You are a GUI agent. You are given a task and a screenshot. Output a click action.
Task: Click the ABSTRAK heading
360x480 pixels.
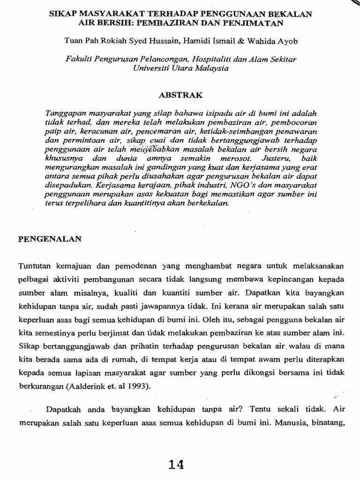(x=180, y=95)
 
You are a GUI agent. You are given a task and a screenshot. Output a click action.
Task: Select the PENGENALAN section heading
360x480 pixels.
(x=50, y=239)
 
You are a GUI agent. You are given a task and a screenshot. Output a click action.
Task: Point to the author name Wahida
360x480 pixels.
(x=256, y=41)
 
